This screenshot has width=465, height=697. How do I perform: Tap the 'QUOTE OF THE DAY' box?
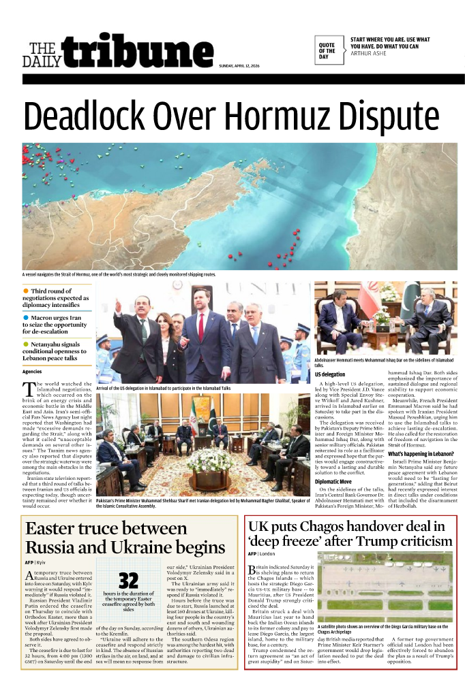pyautogui.click(x=327, y=50)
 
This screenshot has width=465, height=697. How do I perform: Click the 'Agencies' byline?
pyautogui.click(x=32, y=372)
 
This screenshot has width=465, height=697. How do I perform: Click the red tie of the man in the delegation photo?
pyautogui.click(x=200, y=326)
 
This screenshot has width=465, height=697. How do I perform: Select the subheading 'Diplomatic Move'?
pyautogui.click(x=333, y=481)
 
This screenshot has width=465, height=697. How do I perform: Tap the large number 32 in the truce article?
pyautogui.click(x=128, y=581)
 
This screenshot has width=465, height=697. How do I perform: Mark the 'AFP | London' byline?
pyautogui.click(x=262, y=554)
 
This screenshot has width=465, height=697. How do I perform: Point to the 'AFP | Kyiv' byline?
pyautogui.click(x=35, y=563)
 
